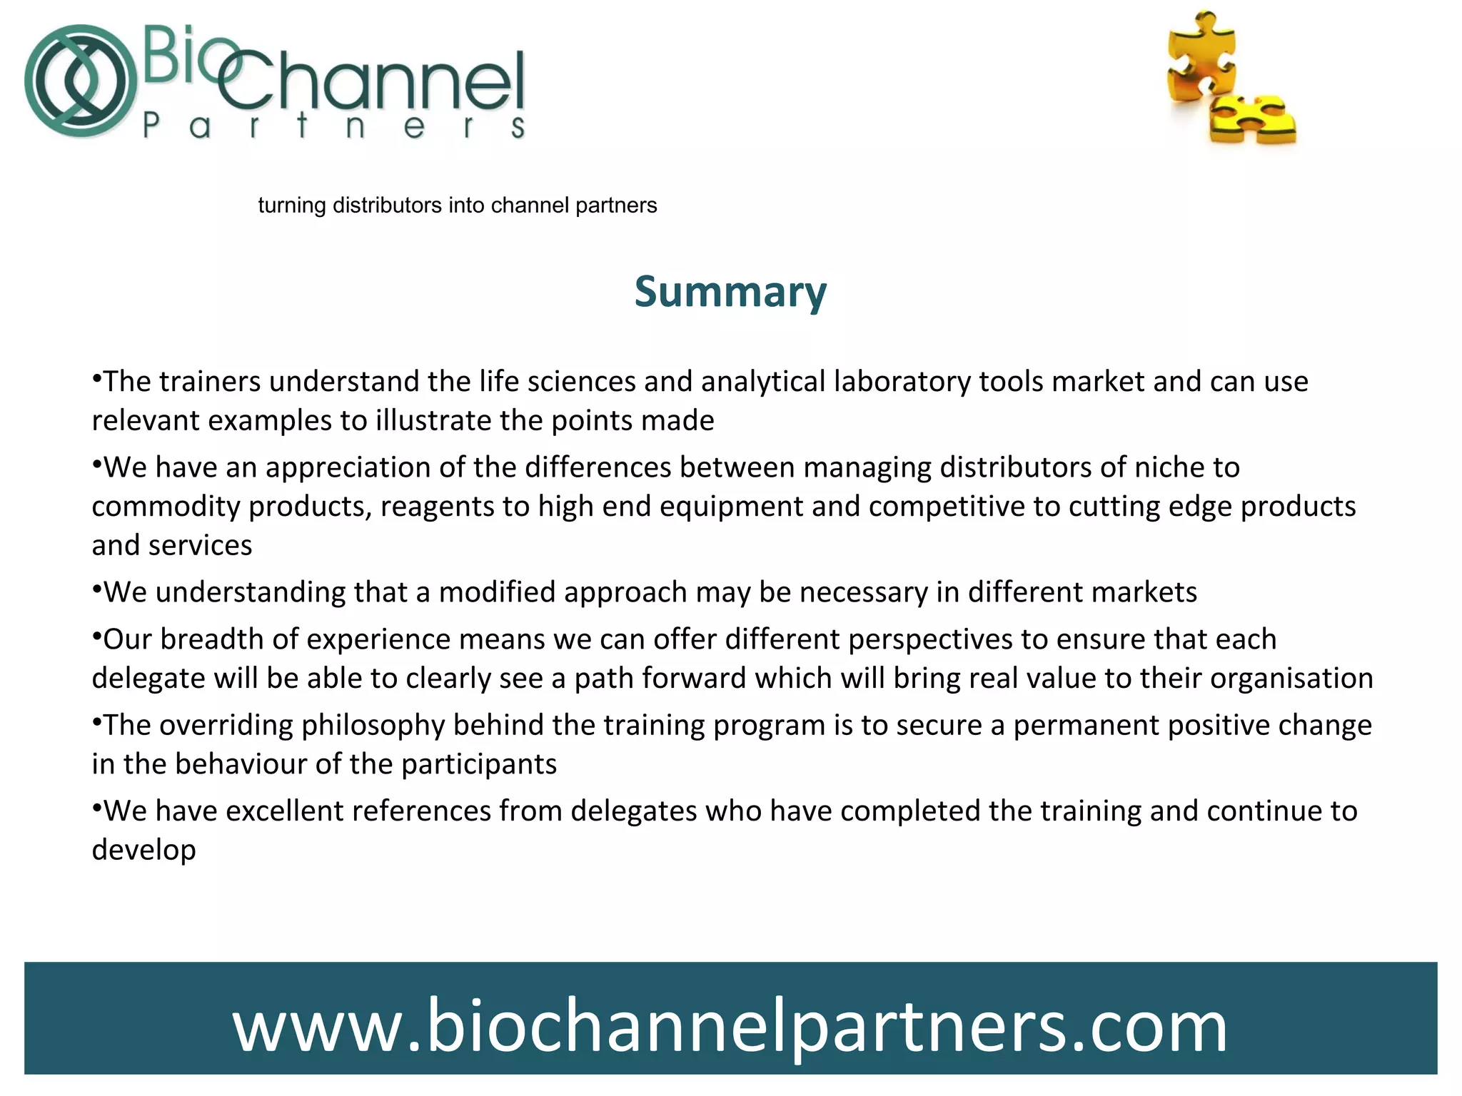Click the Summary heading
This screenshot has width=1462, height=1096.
pos(730,292)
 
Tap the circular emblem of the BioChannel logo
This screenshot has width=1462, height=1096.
pos(81,81)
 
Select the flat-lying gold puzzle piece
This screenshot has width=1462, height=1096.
pos(1253,120)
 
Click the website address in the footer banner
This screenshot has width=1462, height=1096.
pos(730,1026)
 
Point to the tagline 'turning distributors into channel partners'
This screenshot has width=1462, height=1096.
pos(457,205)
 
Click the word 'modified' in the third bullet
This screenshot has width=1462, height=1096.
pos(497,592)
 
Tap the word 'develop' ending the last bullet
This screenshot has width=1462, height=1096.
pos(144,851)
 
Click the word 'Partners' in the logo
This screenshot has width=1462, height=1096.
pos(334,126)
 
